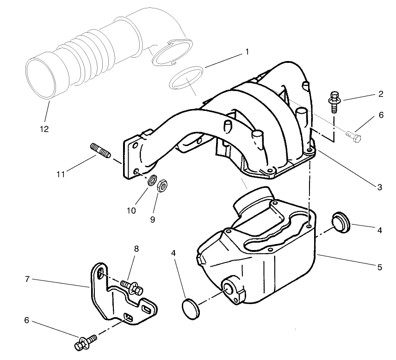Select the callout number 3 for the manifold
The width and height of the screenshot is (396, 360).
(379, 187)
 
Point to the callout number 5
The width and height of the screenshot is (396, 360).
(379, 267)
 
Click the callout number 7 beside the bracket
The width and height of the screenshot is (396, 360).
(28, 279)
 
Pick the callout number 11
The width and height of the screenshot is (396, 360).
(61, 174)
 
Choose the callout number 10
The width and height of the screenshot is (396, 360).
(131, 210)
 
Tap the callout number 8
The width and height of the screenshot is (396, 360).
(136, 248)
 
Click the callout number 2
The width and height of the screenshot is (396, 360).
(380, 95)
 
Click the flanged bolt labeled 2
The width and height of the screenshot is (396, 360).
(333, 102)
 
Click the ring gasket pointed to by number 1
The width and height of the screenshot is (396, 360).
(186, 77)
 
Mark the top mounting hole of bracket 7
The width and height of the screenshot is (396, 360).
(100, 275)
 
